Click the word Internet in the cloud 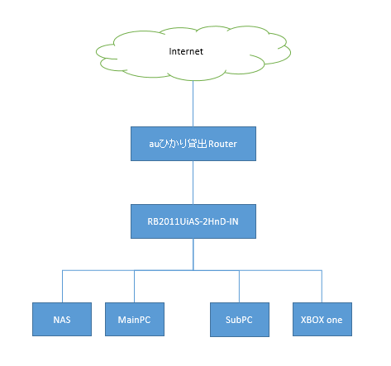pyautogui.click(x=186, y=51)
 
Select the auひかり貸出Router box pyautogui.click(x=193, y=144)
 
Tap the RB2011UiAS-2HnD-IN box pyautogui.click(x=193, y=221)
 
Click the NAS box pyautogui.click(x=62, y=320)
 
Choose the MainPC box pyautogui.click(x=135, y=320)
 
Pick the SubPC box pyautogui.click(x=240, y=320)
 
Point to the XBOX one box pyautogui.click(x=322, y=320)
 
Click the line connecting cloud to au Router pyautogui.click(x=193, y=103)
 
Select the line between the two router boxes pyautogui.click(x=193, y=183)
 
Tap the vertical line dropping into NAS pyautogui.click(x=63, y=287)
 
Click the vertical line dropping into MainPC pyautogui.click(x=134, y=287)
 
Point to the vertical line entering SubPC pyautogui.click(x=239, y=287)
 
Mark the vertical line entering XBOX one pyautogui.click(x=322, y=287)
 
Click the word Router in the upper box pyautogui.click(x=222, y=144)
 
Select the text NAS pyautogui.click(x=62, y=320)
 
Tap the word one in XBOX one pyautogui.click(x=335, y=320)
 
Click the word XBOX pyautogui.click(x=312, y=320)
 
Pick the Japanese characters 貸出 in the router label pyautogui.click(x=198, y=144)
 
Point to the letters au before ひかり pyautogui.click(x=155, y=145)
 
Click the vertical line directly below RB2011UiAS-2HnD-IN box pyautogui.click(x=193, y=254)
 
